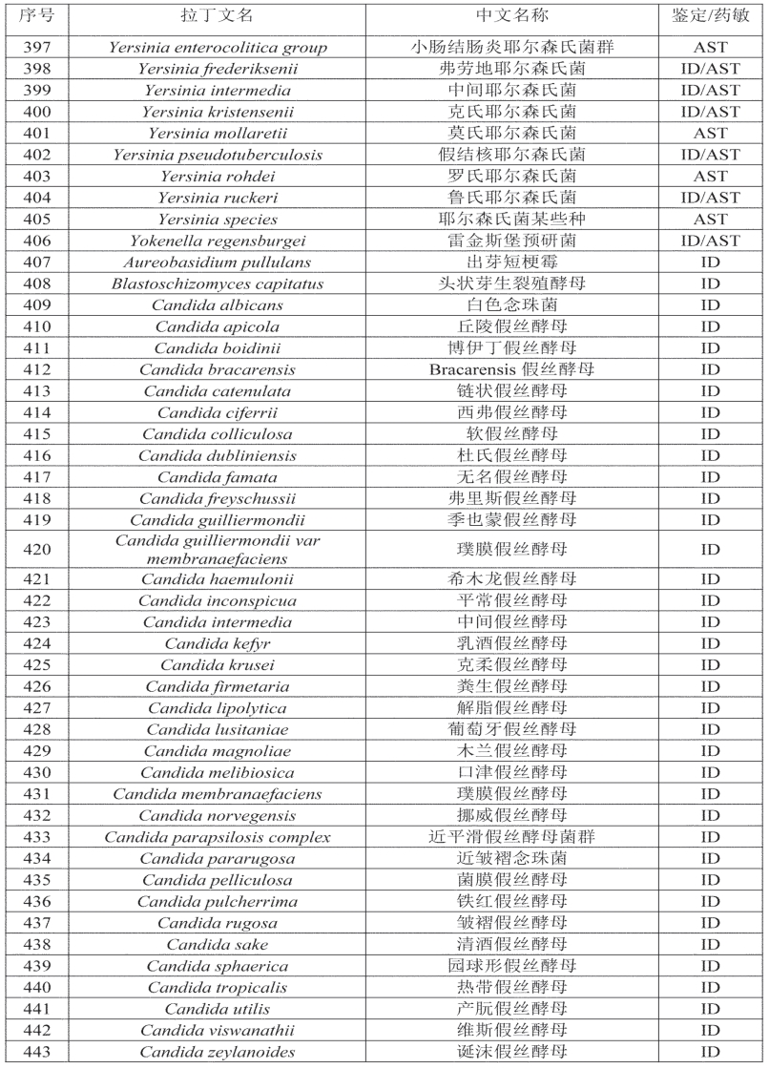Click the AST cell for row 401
[x=710, y=133]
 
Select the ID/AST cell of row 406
[x=710, y=241]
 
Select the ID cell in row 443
[x=710, y=1051]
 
